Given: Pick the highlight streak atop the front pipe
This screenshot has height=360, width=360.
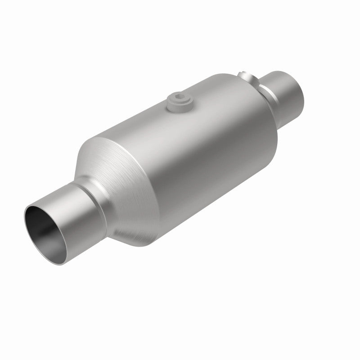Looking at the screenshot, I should (67, 193).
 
